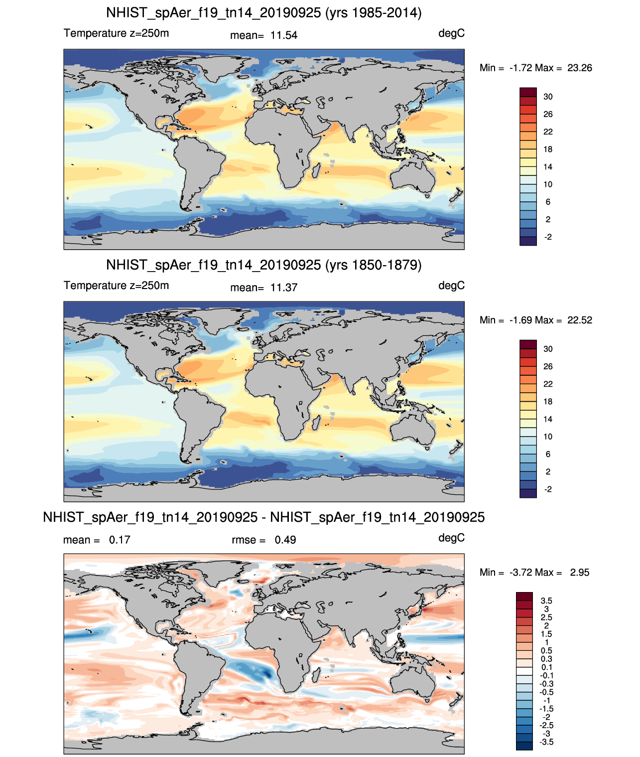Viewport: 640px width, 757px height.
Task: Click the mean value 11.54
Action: point(283,35)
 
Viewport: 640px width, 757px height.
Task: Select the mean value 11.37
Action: point(283,288)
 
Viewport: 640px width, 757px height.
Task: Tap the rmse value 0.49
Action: point(285,540)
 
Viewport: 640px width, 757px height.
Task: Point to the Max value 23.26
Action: point(580,68)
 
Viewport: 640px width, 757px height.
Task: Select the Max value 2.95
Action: point(580,573)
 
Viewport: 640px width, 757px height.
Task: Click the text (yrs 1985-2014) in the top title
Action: point(373,13)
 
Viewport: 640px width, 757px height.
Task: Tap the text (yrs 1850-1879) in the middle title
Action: point(373,265)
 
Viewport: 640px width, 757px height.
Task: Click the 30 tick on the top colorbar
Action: point(548,97)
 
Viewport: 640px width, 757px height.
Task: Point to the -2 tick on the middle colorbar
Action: point(548,489)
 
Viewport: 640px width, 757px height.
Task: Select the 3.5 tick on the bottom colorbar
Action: point(546,601)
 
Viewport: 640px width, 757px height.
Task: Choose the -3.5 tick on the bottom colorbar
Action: point(546,743)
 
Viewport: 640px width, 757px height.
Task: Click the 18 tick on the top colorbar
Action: point(548,150)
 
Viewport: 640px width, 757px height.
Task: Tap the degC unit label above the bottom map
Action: point(451,538)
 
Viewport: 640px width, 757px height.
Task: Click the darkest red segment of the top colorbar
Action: point(528,92)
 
